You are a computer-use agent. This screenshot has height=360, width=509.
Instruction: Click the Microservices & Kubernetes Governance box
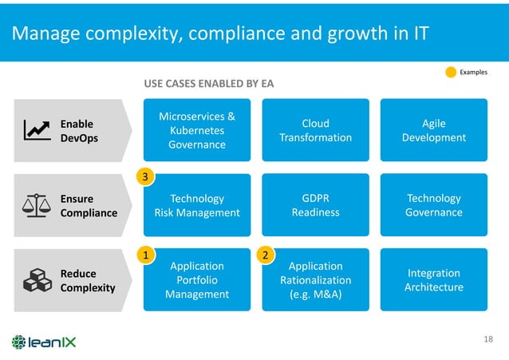tap(196, 130)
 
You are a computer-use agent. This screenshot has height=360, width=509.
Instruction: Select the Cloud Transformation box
tap(315, 130)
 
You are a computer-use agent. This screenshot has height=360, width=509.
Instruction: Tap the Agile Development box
tap(433, 130)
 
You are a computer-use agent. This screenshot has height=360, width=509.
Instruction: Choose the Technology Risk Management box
tap(196, 205)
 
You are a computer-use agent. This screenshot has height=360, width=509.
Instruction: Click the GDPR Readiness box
tap(315, 205)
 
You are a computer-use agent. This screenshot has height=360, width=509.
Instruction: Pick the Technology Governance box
tap(433, 205)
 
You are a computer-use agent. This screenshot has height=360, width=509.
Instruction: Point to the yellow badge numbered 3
tap(145, 177)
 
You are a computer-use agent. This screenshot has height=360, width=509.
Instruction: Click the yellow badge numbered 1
tap(145, 255)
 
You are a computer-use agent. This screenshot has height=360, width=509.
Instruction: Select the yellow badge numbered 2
tap(264, 255)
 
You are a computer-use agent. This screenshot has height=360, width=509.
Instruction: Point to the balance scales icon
tap(35, 205)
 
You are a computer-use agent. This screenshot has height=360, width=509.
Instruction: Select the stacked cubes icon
tap(35, 280)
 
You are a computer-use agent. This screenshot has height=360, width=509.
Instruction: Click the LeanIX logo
tap(45, 342)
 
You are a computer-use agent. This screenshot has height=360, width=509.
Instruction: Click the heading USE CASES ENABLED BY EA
tap(208, 83)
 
